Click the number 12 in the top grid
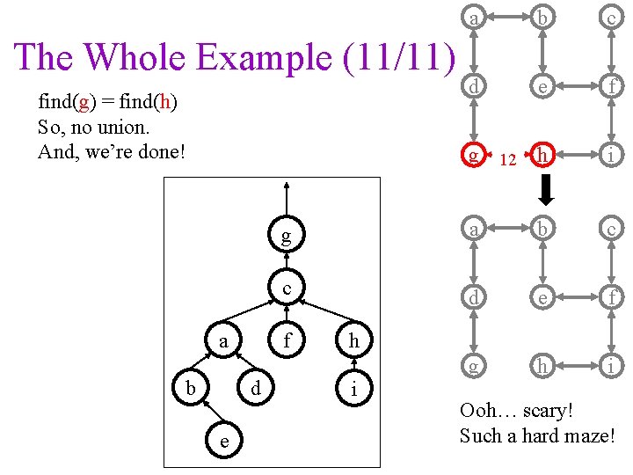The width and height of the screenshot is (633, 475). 506,160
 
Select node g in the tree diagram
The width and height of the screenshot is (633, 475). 285,236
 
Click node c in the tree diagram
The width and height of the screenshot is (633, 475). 287,289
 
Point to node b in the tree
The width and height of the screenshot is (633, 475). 191,388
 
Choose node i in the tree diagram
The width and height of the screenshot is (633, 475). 353,389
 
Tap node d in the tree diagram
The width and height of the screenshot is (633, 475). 255,388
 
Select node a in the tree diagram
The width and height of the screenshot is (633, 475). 224,340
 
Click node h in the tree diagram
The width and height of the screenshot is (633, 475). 353,340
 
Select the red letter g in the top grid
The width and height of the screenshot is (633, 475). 474,155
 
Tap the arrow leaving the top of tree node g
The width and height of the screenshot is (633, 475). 285,198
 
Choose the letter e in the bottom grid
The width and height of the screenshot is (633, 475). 544,297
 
